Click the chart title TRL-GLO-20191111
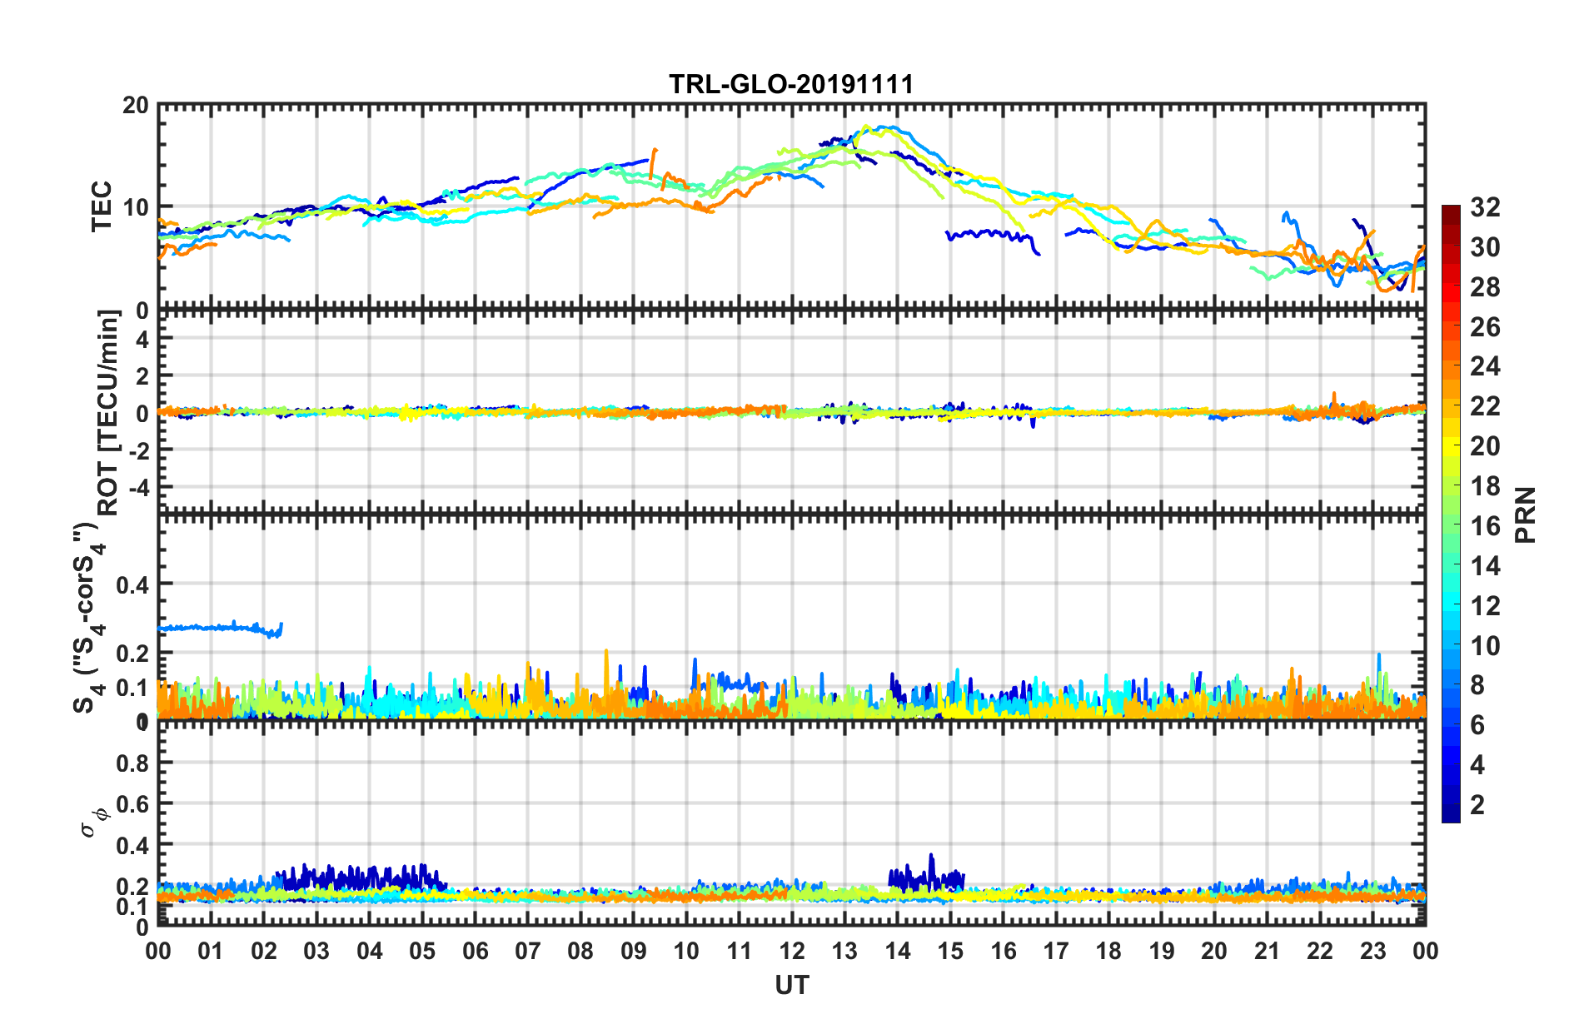click(791, 84)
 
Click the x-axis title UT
click(791, 986)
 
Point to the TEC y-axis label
click(102, 206)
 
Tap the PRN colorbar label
click(1526, 514)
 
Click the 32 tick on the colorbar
click(1484, 207)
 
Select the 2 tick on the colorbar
click(1477, 804)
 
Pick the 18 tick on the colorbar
click(1484, 486)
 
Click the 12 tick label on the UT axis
click(792, 952)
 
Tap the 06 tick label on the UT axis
click(475, 952)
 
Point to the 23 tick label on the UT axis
click(1372, 952)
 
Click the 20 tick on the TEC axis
click(136, 106)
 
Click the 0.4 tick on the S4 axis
click(132, 585)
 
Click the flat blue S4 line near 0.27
click(217, 627)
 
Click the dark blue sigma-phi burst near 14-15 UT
click(924, 877)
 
